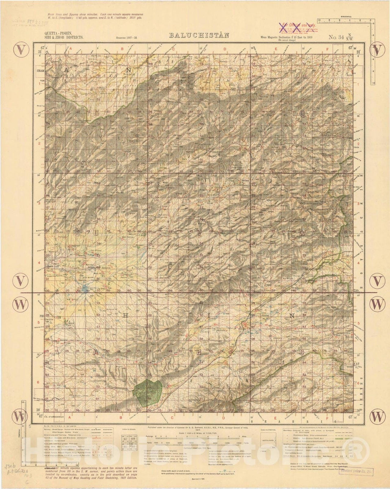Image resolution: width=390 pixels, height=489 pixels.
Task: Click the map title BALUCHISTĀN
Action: point(195,35)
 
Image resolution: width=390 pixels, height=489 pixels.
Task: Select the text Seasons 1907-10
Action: point(126,38)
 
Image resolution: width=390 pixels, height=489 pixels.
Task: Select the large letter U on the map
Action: point(96,234)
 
